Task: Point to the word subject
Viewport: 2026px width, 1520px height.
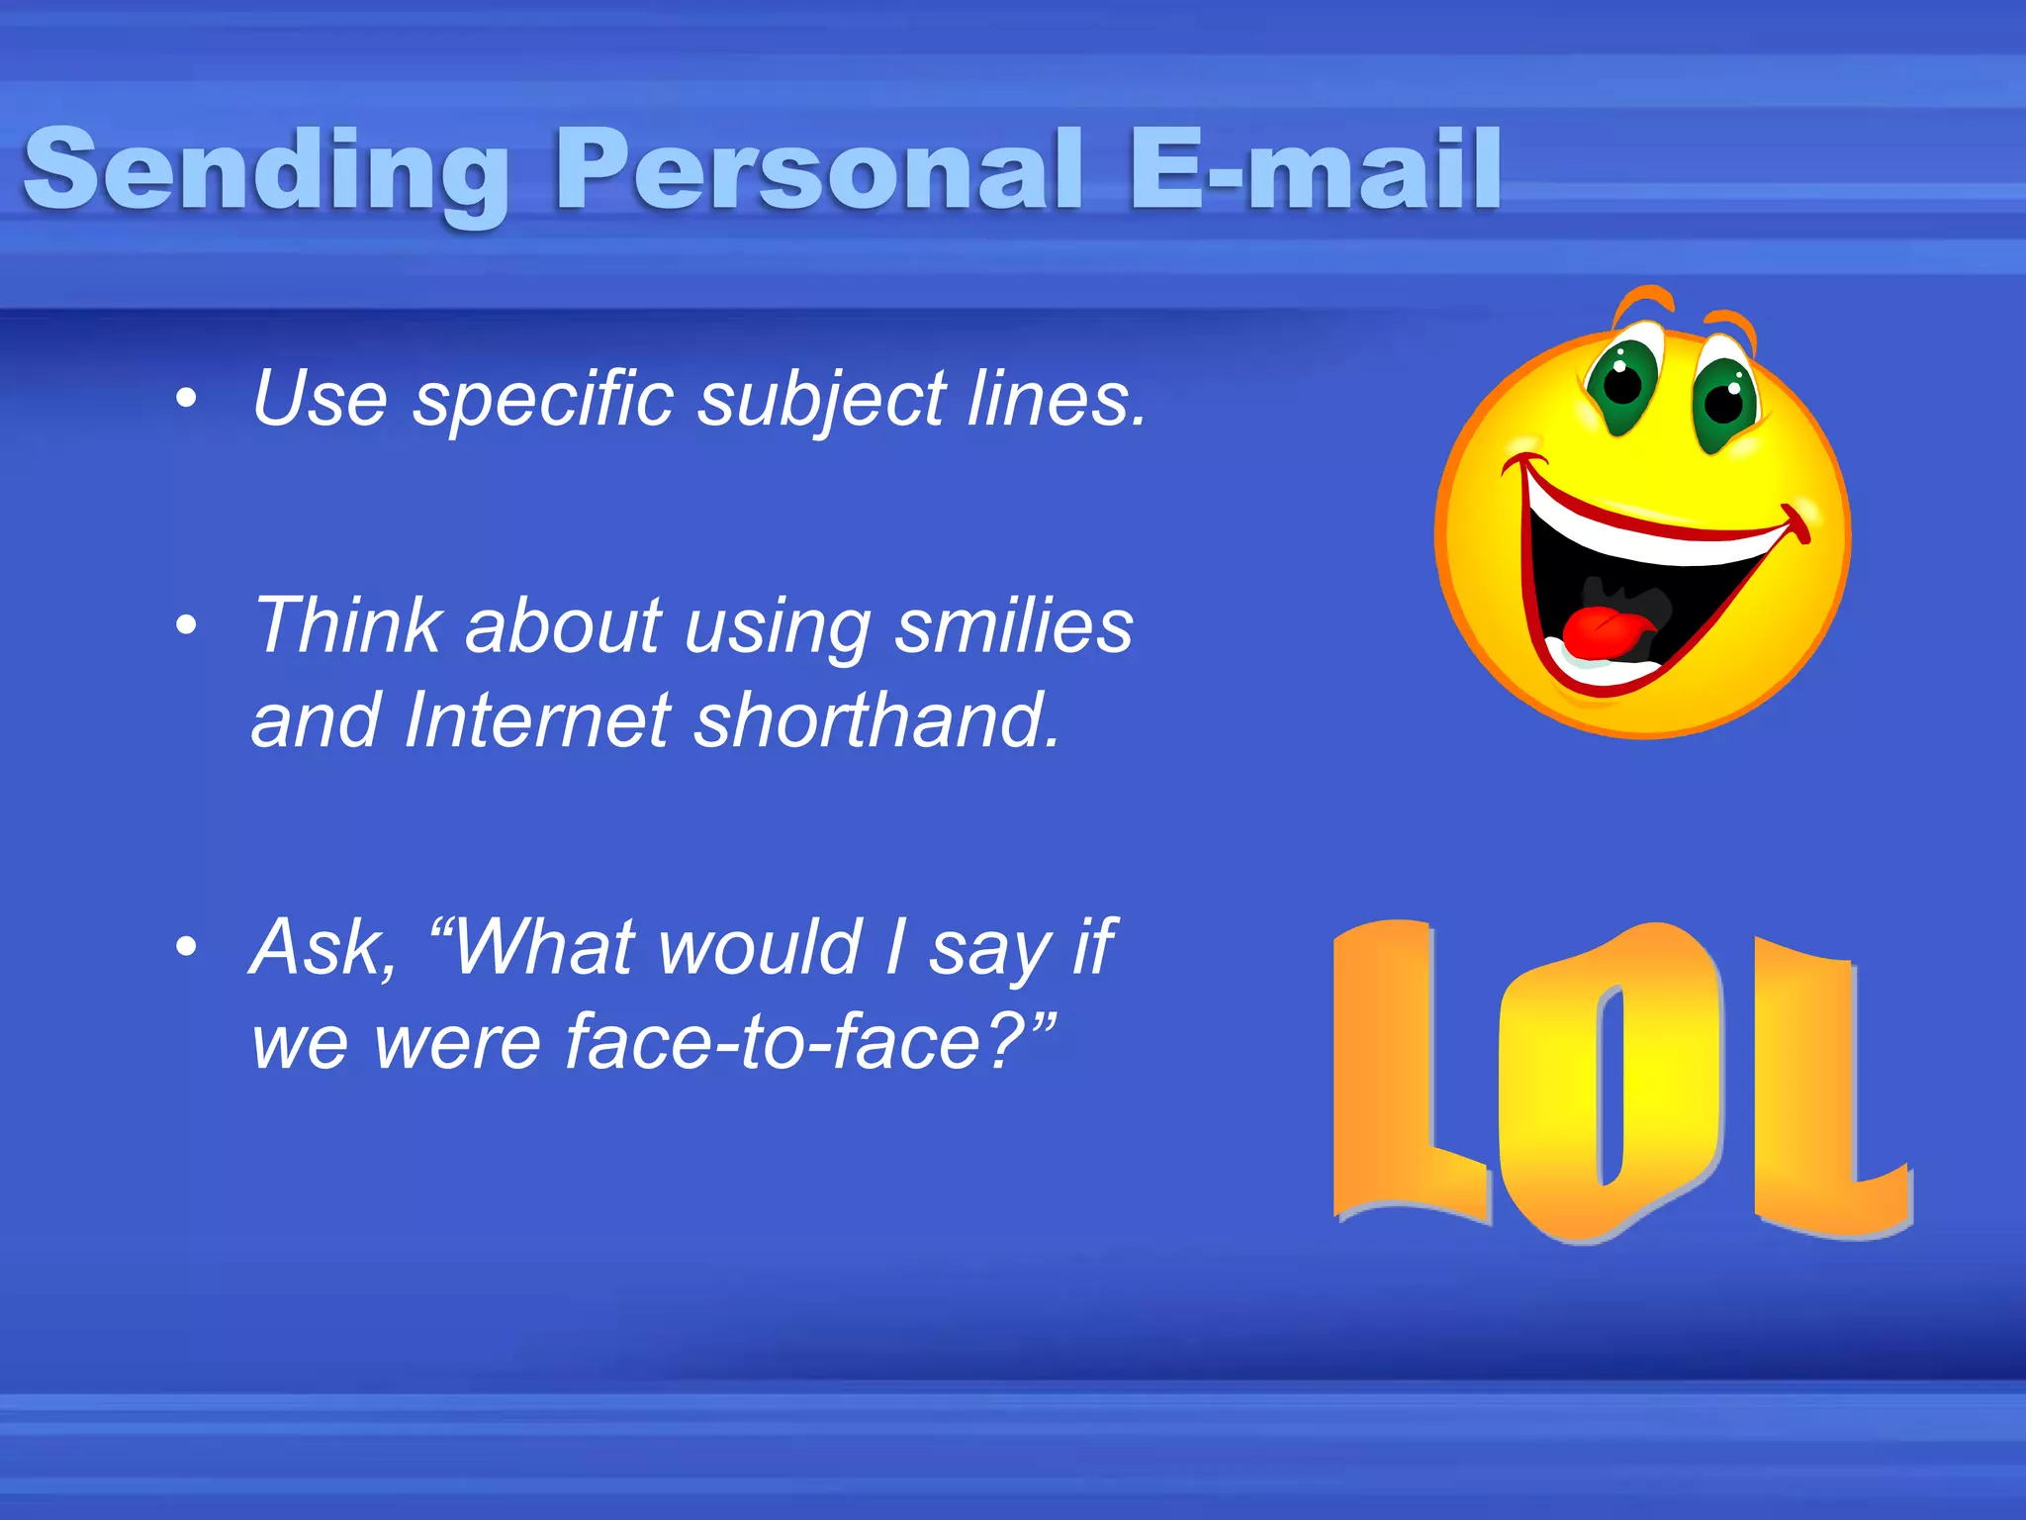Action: pyautogui.click(x=821, y=401)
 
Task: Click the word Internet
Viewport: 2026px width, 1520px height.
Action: pyautogui.click(x=538, y=720)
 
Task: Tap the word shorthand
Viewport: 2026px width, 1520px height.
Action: pyautogui.click(x=876, y=720)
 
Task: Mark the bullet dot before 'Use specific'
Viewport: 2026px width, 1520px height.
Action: pyautogui.click(x=185, y=400)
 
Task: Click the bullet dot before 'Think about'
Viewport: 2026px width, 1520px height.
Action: pyautogui.click(x=185, y=625)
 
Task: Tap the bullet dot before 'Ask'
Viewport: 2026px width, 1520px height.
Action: pyautogui.click(x=185, y=947)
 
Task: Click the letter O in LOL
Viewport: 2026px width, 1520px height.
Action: pyautogui.click(x=1611, y=1084)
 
